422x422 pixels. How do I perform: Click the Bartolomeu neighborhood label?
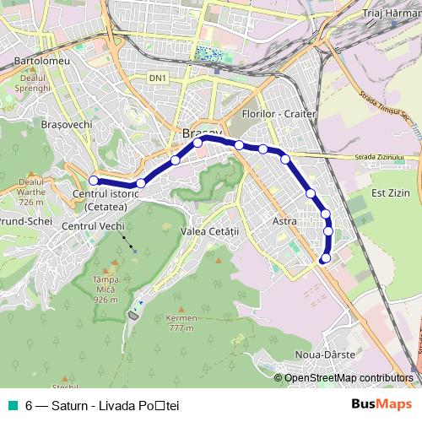pos(41,62)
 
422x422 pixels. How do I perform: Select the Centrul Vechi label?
pos(93,226)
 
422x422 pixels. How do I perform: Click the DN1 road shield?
pos(157,78)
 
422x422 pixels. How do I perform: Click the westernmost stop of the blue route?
pos(94,180)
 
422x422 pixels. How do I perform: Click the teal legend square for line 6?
pos(14,405)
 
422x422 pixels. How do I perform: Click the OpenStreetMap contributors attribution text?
pos(349,378)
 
